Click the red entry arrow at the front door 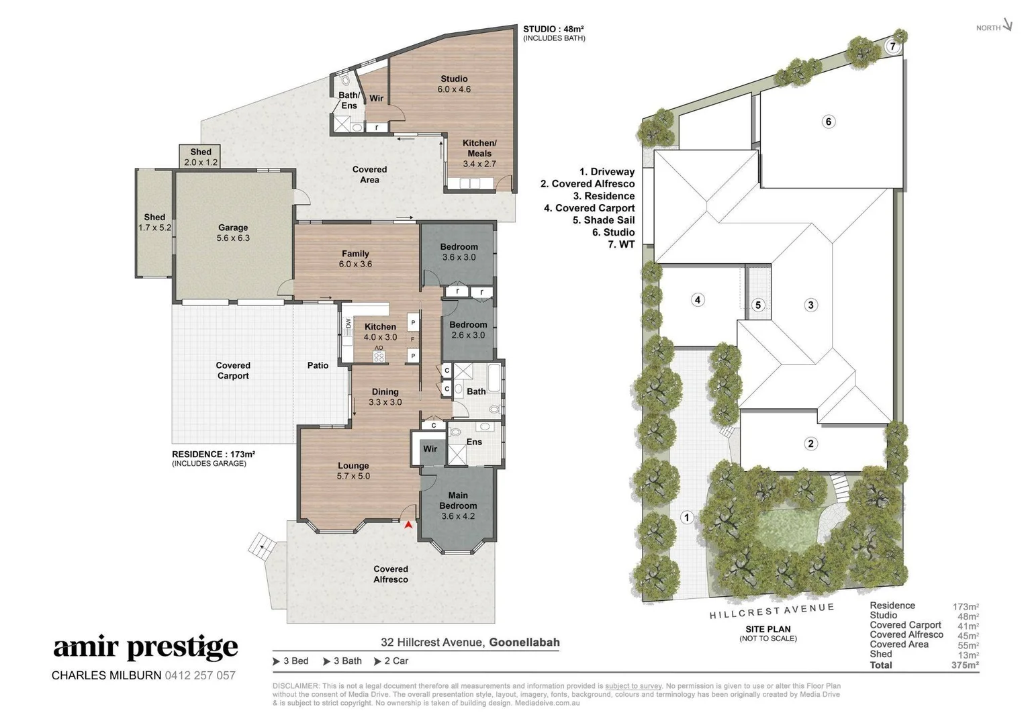pos(408,524)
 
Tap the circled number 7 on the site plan pos(892,46)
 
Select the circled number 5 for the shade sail pos(758,305)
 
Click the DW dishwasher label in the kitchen pos(348,324)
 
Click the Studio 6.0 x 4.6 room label pos(454,84)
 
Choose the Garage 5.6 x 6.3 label pos(233,233)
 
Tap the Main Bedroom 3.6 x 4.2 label pos(458,505)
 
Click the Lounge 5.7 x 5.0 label pos(353,471)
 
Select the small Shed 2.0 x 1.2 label pos(201,156)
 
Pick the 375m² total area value pos(965,665)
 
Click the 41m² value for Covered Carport pos(968,626)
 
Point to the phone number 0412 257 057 pos(200,675)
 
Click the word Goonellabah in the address pos(524,642)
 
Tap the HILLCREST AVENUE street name pos(772,611)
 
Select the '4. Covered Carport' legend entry pos(589,208)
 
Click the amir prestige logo pos(146,647)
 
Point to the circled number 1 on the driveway pos(686,518)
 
